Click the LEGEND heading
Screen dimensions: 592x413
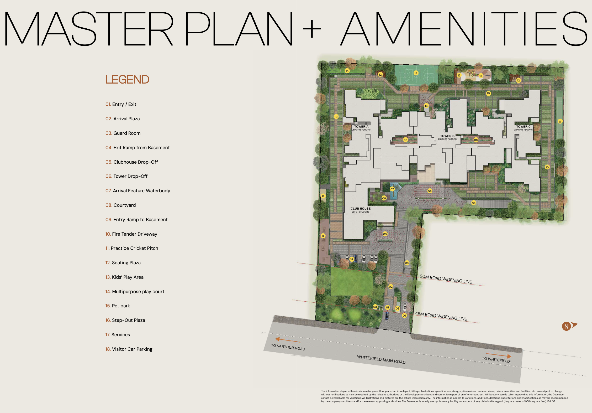[127, 79]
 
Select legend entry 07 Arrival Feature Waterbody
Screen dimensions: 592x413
[138, 191]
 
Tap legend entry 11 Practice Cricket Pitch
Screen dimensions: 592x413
[132, 248]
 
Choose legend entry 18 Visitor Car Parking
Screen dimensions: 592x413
[129, 349]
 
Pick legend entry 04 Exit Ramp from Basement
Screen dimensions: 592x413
[138, 148]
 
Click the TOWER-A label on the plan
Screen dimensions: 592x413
[361, 127]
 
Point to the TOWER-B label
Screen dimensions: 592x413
[447, 136]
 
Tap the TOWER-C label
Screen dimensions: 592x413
[523, 127]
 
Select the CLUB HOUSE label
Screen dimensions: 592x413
[361, 209]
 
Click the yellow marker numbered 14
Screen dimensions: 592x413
[416, 73]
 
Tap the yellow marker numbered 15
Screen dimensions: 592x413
[347, 71]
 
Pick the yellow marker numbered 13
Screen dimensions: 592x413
[481, 76]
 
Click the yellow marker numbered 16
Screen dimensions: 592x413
[426, 106]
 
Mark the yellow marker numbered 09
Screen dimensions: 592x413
[474, 203]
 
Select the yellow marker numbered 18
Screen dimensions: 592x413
[352, 259]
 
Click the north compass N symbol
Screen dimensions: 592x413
[566, 326]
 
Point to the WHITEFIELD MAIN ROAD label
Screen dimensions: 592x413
[381, 359]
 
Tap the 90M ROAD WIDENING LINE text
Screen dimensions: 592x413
[446, 279]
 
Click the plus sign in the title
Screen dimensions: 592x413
[312, 29]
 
